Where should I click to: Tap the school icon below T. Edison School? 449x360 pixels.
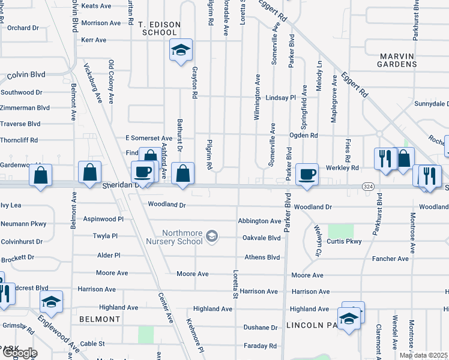pyautogui.click(x=180, y=50)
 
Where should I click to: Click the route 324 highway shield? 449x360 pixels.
pyautogui.click(x=369, y=187)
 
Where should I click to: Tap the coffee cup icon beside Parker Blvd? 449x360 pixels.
pyautogui.click(x=307, y=174)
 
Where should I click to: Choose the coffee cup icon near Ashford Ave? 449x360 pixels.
pyautogui.click(x=143, y=172)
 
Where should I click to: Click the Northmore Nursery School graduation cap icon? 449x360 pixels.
pyautogui.click(x=211, y=236)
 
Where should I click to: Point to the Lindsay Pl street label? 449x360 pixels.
pyautogui.click(x=281, y=97)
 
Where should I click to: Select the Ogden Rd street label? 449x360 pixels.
pyautogui.click(x=304, y=136)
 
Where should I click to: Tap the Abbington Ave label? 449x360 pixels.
pyautogui.click(x=259, y=221)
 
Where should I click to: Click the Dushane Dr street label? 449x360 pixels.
pyautogui.click(x=260, y=328)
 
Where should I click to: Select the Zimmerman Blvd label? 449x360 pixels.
pyautogui.click(x=25, y=108)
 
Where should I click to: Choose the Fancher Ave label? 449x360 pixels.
pyautogui.click(x=390, y=259)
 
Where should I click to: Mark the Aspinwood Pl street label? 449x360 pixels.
pyautogui.click(x=103, y=220)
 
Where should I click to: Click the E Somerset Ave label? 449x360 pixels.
pyautogui.click(x=148, y=138)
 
